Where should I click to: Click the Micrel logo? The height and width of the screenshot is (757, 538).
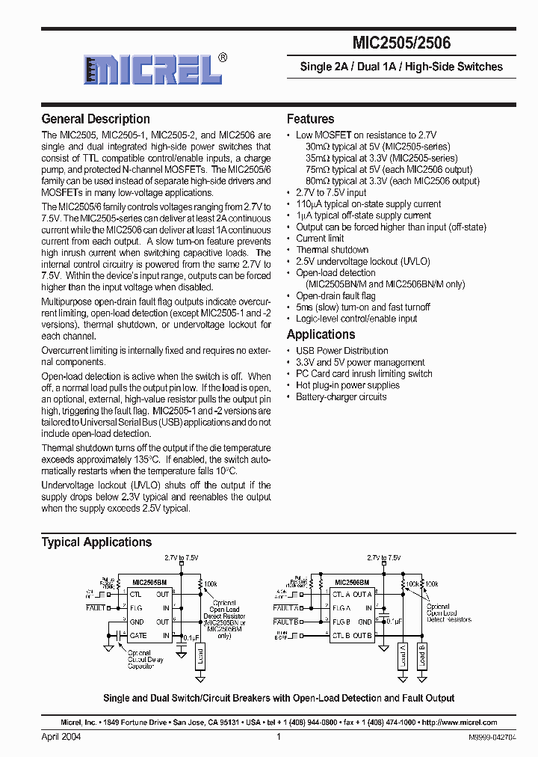point(153,70)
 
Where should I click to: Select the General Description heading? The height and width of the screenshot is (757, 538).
point(96,119)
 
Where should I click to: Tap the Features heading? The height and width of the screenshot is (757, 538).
point(310,119)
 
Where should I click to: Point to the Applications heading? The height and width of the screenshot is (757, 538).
point(321,334)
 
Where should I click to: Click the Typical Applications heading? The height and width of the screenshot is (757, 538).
point(96,542)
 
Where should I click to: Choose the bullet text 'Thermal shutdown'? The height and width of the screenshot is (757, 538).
point(332,250)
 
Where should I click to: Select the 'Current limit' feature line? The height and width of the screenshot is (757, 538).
point(320,239)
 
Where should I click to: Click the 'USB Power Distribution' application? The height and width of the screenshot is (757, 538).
point(341,351)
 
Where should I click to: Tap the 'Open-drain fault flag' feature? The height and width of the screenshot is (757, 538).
point(336,296)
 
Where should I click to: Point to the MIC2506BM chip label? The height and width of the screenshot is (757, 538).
point(352,581)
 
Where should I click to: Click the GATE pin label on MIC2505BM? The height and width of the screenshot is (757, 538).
point(138,636)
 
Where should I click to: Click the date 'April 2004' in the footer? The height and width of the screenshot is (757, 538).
point(61,737)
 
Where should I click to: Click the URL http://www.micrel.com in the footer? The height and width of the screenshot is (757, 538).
point(459,723)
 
